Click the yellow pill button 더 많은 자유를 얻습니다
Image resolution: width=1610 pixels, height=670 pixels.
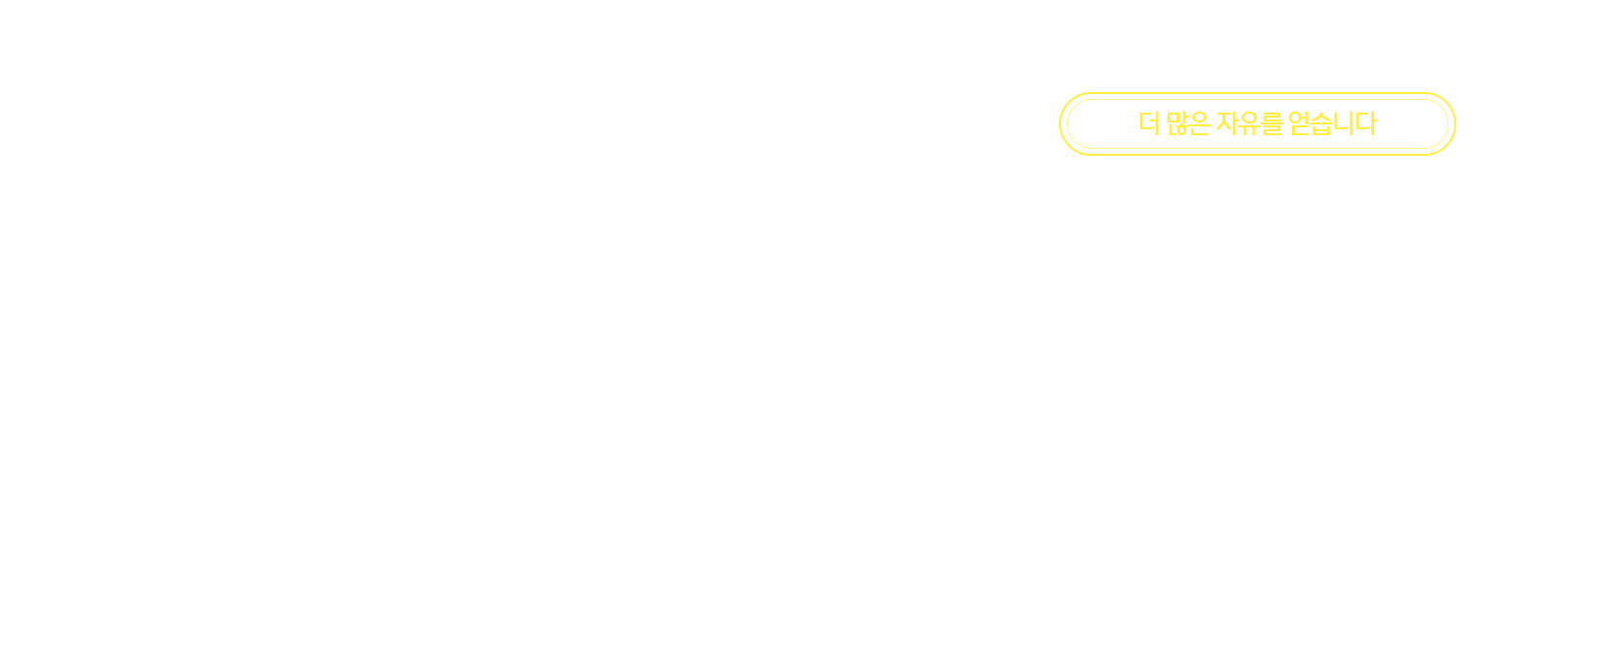pos(1257,123)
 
